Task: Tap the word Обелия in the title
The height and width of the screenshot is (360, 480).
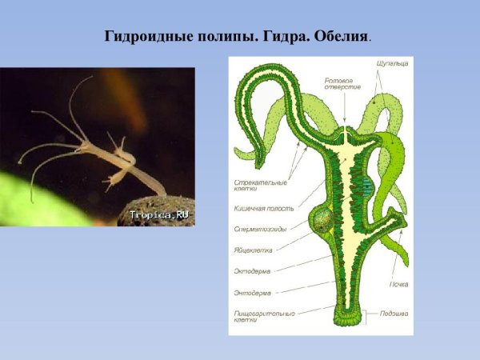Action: click(343, 37)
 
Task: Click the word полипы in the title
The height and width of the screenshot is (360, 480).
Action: click(224, 37)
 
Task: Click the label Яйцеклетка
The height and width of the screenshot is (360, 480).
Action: click(253, 250)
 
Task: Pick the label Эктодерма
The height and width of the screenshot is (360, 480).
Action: click(252, 272)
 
